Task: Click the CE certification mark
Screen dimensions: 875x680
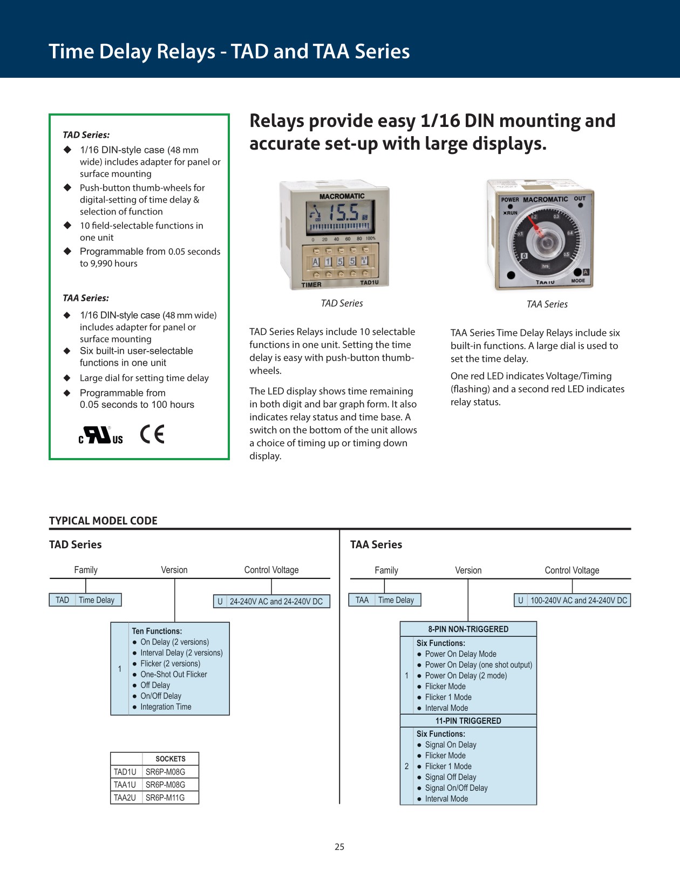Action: point(152,434)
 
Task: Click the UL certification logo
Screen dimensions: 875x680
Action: point(101,435)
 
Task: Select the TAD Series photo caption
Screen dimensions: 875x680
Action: point(342,304)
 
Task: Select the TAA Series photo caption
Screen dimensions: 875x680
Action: point(547,305)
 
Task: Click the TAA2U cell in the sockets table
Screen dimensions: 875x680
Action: point(125,798)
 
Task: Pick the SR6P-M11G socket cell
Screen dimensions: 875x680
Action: point(165,798)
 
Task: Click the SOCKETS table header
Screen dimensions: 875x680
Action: point(170,759)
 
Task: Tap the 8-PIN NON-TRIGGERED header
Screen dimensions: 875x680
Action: point(468,629)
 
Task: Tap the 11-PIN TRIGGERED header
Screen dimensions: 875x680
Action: point(468,721)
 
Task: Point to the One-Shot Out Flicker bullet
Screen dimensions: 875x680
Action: point(173,675)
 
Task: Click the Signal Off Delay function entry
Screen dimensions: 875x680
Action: point(450,777)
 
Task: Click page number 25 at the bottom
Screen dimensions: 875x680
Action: point(339,847)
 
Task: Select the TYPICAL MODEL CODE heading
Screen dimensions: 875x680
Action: point(103,521)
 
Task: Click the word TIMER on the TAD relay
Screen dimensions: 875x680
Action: point(311,285)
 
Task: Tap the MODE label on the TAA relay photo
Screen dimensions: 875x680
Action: point(577,281)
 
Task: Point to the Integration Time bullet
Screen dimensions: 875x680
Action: point(166,707)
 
